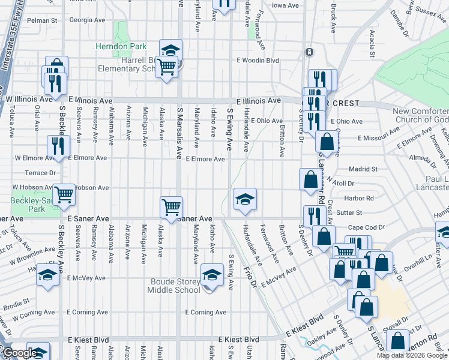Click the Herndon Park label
[112, 46]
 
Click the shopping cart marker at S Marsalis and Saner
[171, 208]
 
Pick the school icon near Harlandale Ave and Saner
[245, 199]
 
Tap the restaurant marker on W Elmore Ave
[59, 147]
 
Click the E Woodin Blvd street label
[258, 60]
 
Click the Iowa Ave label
[285, 5]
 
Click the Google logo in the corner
[20, 353]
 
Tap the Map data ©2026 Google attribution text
[412, 355]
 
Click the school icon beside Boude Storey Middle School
[211, 275]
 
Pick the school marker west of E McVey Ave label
[47, 275]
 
